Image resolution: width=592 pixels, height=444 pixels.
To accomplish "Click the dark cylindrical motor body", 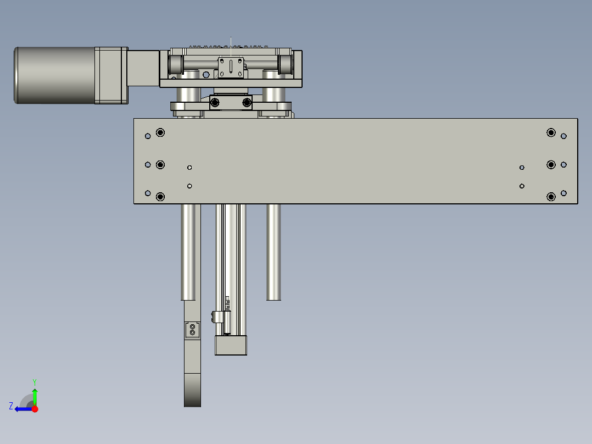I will point(55,75).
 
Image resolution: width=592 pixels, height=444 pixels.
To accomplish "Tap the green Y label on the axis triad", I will point(34,381).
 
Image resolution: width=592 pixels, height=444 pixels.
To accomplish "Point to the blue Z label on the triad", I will point(11,406).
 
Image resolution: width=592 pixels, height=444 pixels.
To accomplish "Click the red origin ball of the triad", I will point(35,409).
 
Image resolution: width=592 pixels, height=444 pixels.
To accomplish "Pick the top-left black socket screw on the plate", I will point(160,132).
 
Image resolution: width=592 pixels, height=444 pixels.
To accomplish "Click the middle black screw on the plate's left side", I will point(160,164).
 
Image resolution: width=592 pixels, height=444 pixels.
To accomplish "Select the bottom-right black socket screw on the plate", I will point(551,197).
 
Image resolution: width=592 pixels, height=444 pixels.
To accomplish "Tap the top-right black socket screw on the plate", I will point(551,132).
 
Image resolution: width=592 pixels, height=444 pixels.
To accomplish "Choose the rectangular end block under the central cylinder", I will point(231,345).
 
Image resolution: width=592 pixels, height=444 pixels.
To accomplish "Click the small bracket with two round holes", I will point(192,330).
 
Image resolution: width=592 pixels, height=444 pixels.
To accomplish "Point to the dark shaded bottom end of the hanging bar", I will point(192,391).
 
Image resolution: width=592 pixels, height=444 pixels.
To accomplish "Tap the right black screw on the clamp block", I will point(247,102).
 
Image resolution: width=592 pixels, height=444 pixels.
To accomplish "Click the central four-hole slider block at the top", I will point(231,68).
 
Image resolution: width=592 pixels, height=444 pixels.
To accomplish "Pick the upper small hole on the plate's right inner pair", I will point(522,168).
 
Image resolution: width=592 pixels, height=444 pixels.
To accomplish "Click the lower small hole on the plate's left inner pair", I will point(189,186).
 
